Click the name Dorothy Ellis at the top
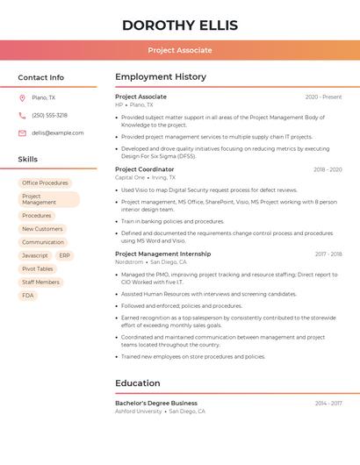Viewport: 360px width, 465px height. coord(179,25)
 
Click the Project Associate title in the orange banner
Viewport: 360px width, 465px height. coord(179,50)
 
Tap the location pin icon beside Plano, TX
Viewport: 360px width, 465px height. coord(22,98)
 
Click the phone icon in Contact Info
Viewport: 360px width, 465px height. coord(22,116)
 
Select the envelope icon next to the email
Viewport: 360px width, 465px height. coord(22,133)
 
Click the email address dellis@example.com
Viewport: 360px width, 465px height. coord(58,133)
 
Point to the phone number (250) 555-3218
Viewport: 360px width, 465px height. coord(49,116)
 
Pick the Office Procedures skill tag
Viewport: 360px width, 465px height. coord(45,183)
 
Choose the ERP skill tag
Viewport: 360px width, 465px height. coord(65,255)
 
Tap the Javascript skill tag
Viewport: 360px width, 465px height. coord(35,255)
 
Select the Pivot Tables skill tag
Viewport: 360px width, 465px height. coord(38,268)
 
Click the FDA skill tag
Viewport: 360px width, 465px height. coord(28,296)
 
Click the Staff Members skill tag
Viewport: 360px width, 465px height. coord(40,283)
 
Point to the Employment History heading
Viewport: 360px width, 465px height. coord(160,77)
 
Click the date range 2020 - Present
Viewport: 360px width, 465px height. coord(323,97)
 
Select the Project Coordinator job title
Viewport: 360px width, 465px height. coord(144,169)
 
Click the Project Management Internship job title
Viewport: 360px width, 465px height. coord(162,254)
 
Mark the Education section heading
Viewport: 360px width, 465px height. coord(138,383)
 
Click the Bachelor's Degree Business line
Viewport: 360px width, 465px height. coord(155,403)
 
